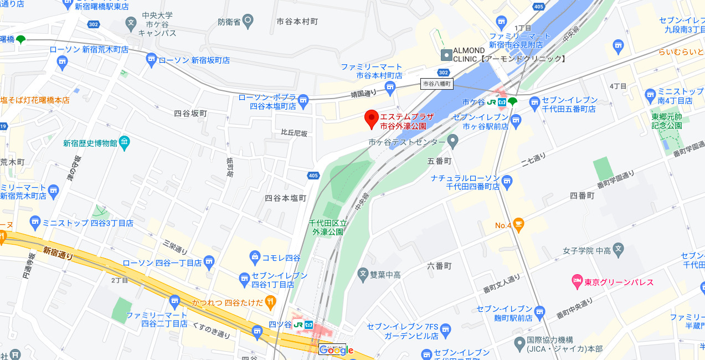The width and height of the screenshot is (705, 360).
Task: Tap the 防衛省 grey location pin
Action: coord(248,22)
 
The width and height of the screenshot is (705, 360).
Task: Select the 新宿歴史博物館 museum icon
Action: coord(124,143)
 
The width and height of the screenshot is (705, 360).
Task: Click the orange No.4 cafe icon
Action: coord(518,225)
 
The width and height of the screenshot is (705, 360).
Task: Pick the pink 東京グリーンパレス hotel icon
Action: coord(577,282)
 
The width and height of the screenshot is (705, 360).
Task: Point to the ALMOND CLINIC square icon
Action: coord(446,55)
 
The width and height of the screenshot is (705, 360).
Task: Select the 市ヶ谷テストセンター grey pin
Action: coord(453,142)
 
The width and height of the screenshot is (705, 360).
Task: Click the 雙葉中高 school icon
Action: coord(363,273)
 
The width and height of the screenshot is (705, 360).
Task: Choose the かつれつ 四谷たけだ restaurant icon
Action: coord(270,302)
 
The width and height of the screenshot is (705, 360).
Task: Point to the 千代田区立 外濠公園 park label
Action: coord(328,227)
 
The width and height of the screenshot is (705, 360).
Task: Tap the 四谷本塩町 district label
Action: coord(285,198)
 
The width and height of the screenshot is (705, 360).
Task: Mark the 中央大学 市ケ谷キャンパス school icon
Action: coord(131,23)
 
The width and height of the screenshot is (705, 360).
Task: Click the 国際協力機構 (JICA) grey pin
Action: coord(519,344)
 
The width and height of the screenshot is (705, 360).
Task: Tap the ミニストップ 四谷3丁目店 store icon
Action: coord(35,223)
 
